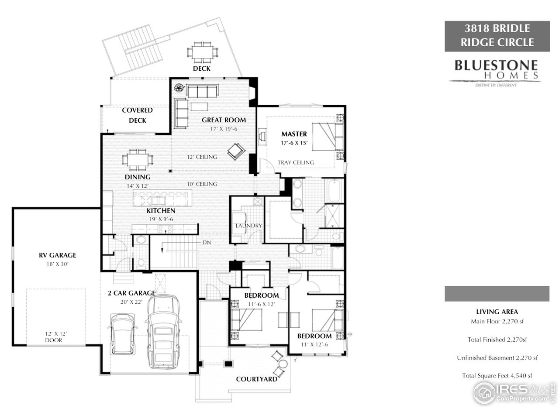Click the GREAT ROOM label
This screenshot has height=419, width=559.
point(224,120)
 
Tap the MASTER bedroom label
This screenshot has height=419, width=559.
point(294,134)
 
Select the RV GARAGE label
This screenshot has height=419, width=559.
point(58,255)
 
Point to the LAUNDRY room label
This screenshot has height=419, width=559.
point(248,226)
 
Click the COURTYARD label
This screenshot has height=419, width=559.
point(256,379)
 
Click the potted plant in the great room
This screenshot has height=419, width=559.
point(179,87)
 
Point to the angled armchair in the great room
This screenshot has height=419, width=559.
point(236,151)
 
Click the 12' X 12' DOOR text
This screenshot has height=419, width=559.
point(53,337)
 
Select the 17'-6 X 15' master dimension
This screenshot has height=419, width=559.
point(294,143)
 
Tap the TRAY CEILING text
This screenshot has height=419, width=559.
point(296,162)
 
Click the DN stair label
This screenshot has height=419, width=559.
point(206,242)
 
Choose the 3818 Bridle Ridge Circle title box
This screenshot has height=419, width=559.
point(497,35)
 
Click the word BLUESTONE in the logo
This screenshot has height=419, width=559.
point(496,65)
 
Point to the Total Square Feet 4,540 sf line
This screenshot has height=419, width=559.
point(497,375)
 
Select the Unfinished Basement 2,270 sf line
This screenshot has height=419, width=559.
point(497,357)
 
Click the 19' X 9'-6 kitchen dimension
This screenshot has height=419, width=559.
point(161,219)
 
